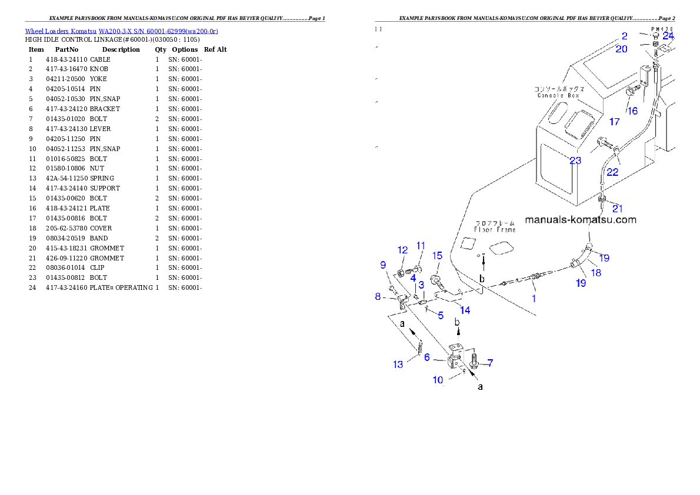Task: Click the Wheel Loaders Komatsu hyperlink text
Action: click(121, 31)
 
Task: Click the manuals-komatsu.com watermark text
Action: click(580, 220)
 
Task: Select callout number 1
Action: click(534, 298)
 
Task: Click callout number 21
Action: click(617, 208)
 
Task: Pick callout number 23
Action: click(575, 160)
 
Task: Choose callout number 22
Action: click(612, 172)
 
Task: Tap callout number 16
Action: click(632, 111)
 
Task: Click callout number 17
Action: click(614, 122)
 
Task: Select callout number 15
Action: click(437, 255)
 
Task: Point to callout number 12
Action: click(402, 250)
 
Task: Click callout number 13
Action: click(398, 364)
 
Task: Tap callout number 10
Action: click(438, 380)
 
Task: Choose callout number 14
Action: click(465, 310)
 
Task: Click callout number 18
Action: click(596, 272)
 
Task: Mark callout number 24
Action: click(668, 36)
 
